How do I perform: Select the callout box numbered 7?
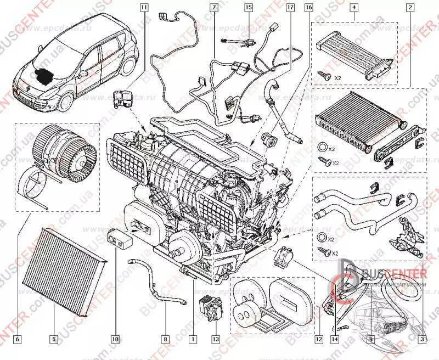pyautogui.click(x=213, y=8)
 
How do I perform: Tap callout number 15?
pyautogui.click(x=249, y=8)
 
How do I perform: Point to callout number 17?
pyautogui.click(x=290, y=8)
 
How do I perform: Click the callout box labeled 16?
pyautogui.click(x=308, y=8)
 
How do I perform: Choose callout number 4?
pyautogui.click(x=354, y=8)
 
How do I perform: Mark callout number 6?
pyautogui.click(x=18, y=340)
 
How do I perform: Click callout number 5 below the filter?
pyautogui.click(x=54, y=340)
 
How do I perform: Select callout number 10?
pyautogui.click(x=115, y=340)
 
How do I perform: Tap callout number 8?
pyautogui.click(x=165, y=340)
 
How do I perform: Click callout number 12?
pyautogui.click(x=318, y=340)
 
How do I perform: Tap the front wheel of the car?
pyautogui.click(x=65, y=105)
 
